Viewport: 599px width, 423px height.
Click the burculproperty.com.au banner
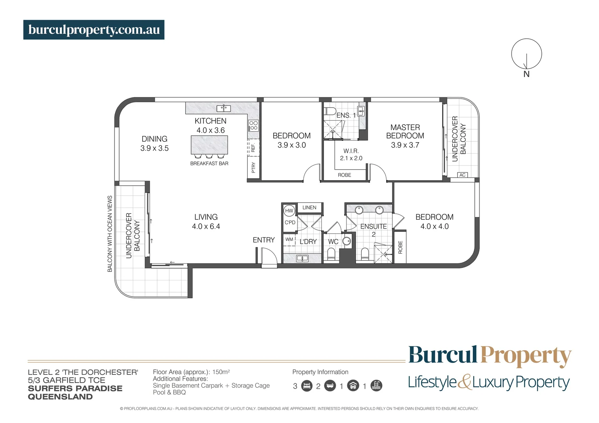[x=94, y=30]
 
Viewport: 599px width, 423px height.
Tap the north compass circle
[x=526, y=54]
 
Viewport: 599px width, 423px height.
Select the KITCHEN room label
[x=211, y=121]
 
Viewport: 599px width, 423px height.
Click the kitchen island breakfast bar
[x=209, y=145]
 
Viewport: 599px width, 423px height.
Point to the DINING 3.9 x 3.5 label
[x=154, y=143]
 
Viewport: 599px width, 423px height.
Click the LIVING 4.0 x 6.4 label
[x=206, y=222]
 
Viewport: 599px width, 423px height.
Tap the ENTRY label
[x=263, y=240]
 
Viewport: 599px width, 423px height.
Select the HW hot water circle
[x=289, y=211]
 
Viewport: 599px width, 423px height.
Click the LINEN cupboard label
[x=309, y=208]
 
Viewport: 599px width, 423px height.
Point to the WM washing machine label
[x=289, y=239]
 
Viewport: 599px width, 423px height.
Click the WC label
[x=333, y=242]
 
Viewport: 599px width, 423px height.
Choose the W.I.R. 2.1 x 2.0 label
[x=351, y=154]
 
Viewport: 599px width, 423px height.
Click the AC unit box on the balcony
[x=462, y=175]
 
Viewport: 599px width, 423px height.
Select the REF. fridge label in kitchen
[x=253, y=148]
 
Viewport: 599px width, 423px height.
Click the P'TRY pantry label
[x=253, y=168]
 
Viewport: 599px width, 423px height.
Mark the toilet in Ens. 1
[x=329, y=110]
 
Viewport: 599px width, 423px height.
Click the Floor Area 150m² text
[x=191, y=372]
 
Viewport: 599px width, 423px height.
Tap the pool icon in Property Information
[x=376, y=386]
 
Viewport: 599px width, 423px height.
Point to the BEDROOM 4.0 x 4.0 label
[x=434, y=222]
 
